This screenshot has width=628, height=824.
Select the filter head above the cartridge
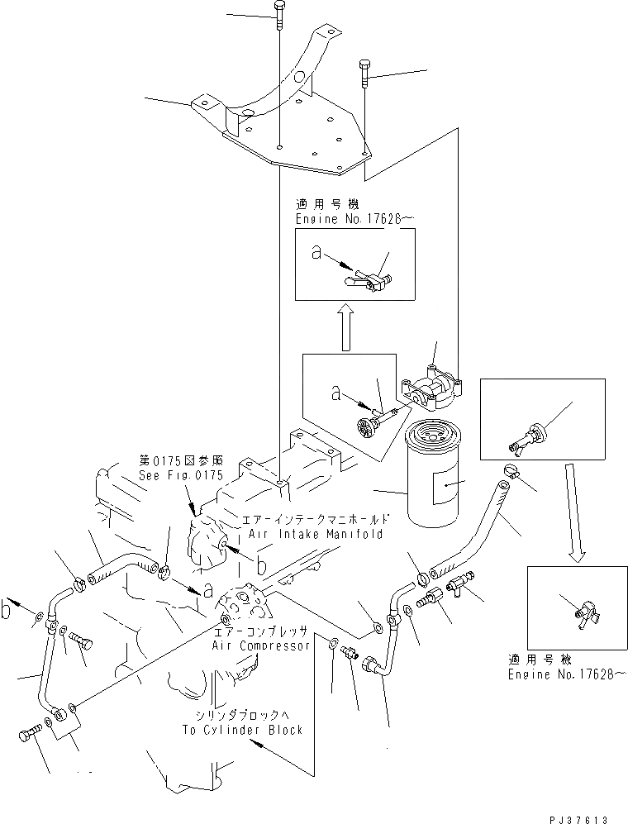(x=431, y=388)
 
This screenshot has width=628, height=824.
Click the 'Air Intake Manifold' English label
(x=312, y=534)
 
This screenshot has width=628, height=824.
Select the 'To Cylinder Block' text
(x=243, y=730)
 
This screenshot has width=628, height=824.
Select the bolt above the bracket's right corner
(x=364, y=72)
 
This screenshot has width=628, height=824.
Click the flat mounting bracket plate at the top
(x=289, y=132)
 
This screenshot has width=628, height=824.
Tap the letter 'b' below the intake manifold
(x=260, y=567)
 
